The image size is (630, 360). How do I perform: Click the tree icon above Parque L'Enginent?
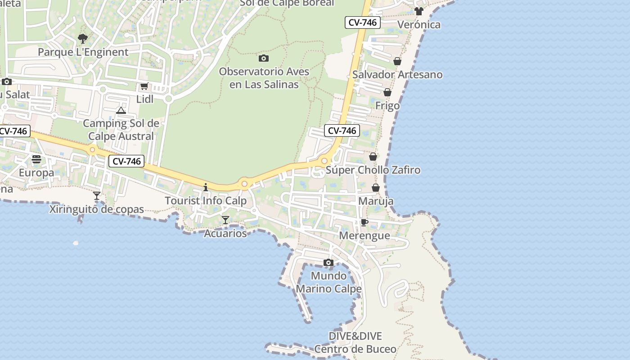coord(83,39)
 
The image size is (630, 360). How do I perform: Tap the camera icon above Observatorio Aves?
coord(264,58)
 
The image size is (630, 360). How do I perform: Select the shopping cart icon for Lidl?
coord(144,86)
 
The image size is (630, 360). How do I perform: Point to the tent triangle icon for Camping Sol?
coord(121,110)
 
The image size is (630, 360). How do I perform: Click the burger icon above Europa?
coord(36,159)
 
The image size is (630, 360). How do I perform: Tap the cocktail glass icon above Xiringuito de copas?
coord(97,196)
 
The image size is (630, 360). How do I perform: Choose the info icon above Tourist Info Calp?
coord(206,187)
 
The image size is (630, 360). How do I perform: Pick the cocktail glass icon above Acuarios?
coord(225,220)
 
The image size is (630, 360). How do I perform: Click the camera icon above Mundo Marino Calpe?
coord(328,262)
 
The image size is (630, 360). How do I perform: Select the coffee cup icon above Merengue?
coord(364,222)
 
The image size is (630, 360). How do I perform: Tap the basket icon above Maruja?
coord(376,188)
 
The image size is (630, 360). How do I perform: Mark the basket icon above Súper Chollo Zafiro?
coord(373,157)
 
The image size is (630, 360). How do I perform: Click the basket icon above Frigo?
coord(387,92)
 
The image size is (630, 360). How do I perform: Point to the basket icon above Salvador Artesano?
coord(397,61)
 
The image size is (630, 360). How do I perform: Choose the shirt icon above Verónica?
coord(419,11)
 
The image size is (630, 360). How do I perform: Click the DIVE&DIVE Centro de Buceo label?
coord(355,342)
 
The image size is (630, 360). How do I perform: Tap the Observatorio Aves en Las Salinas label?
coord(264,78)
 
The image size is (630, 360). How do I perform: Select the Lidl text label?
coord(145,99)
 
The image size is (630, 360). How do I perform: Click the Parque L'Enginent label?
coord(83,52)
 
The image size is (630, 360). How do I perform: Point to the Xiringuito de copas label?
coord(97,209)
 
